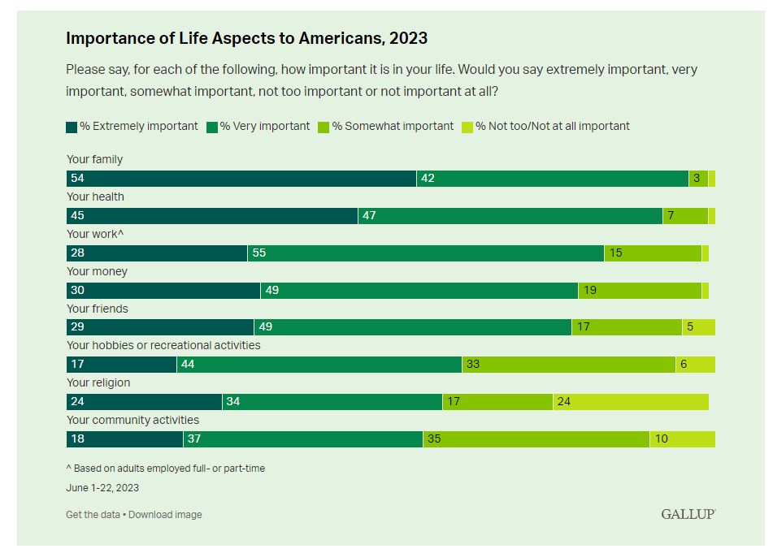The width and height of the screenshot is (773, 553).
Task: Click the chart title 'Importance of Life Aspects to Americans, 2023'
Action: pos(246,38)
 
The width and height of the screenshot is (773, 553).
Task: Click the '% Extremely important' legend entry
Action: pos(132,126)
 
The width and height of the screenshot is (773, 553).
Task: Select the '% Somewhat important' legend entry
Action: pos(387,126)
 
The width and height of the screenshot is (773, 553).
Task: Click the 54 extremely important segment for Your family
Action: pos(241,179)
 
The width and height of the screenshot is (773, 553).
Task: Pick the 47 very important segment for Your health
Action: pos(510,216)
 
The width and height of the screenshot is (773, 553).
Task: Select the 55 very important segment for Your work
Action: pos(425,253)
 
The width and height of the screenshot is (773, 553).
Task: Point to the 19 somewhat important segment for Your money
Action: pos(639,290)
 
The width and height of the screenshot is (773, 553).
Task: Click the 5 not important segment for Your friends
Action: pos(698,327)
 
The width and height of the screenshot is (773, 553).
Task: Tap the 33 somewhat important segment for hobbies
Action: pos(568,365)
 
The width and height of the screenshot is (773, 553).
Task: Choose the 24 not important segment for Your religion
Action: pos(631,402)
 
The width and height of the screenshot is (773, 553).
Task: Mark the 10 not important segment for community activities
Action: pos(682,439)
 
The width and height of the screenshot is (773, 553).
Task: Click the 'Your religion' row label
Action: pos(98,383)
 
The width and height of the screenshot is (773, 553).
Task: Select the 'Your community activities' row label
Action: pos(132,421)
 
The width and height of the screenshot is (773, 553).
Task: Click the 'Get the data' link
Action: pos(93,515)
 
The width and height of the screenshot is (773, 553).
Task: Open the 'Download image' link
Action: pos(165,515)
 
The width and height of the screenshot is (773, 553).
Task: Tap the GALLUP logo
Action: pos(688,514)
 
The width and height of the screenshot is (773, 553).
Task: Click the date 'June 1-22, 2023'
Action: pos(102,488)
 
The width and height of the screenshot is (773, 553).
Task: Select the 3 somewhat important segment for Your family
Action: pos(698,179)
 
